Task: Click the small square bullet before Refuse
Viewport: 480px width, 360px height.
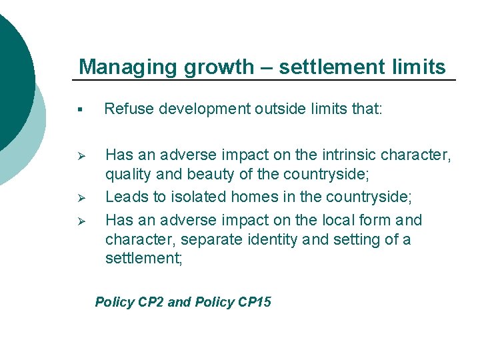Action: point(80,109)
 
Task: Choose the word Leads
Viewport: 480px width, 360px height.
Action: point(125,197)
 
